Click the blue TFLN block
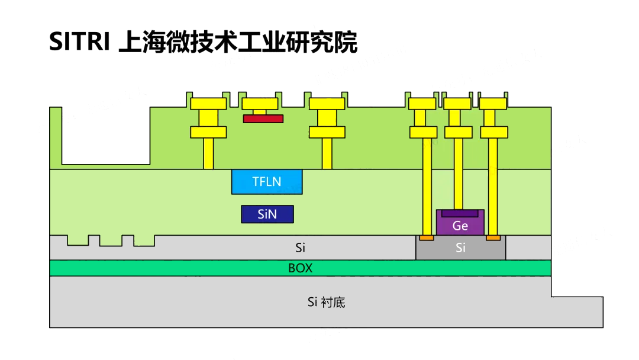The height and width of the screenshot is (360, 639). pyautogui.click(x=267, y=182)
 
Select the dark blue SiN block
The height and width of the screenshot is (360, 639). pyautogui.click(x=267, y=214)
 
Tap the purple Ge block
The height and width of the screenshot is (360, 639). pyautogui.click(x=460, y=226)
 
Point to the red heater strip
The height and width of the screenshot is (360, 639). pyautogui.click(x=263, y=118)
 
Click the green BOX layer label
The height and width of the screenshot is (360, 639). pyautogui.click(x=300, y=268)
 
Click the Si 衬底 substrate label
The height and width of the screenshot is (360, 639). pyautogui.click(x=326, y=303)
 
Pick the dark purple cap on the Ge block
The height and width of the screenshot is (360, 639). pyautogui.click(x=460, y=213)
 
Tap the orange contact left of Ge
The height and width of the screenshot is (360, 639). pyautogui.click(x=426, y=238)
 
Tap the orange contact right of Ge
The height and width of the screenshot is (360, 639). pyautogui.click(x=493, y=238)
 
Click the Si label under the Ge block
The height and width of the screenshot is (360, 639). pyautogui.click(x=460, y=248)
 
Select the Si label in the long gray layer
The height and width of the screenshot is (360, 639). pyautogui.click(x=300, y=247)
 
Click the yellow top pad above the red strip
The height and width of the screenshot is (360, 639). pyautogui.click(x=260, y=104)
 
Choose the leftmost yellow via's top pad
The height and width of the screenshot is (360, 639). pyautogui.click(x=208, y=104)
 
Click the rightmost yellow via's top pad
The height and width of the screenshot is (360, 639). pyautogui.click(x=493, y=104)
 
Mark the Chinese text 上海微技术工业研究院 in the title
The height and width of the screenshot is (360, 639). pyautogui.click(x=238, y=43)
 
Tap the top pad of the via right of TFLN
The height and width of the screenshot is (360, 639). pyautogui.click(x=327, y=104)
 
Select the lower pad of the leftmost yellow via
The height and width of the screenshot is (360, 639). pyautogui.click(x=208, y=131)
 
